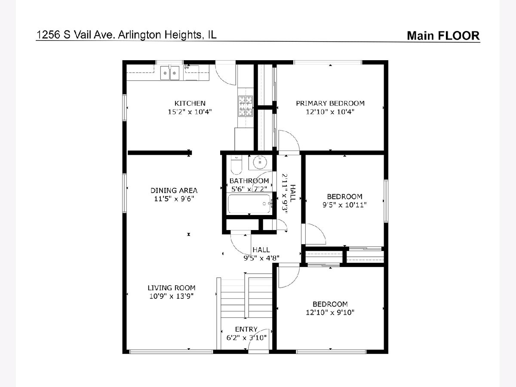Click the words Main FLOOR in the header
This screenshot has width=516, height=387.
click(x=443, y=36)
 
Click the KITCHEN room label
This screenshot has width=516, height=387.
click(x=190, y=103)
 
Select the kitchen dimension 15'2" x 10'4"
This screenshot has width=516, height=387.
click(x=190, y=112)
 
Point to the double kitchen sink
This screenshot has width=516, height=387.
click(x=170, y=73)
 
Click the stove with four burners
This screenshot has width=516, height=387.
click(x=246, y=106)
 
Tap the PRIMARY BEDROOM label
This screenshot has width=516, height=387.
click(x=330, y=103)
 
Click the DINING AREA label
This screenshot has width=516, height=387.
click(x=174, y=190)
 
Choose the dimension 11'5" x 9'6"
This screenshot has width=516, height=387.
click(x=174, y=199)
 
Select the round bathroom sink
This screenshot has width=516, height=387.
click(x=260, y=163)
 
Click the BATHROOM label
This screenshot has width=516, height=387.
click(x=249, y=181)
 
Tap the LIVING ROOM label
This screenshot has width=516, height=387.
click(x=172, y=288)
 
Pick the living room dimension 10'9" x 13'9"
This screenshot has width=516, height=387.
click(x=172, y=296)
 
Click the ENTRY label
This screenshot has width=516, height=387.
click(x=246, y=329)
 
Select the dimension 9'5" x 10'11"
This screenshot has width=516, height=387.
click(x=344, y=205)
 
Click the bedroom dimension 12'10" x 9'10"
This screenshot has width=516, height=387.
click(x=330, y=312)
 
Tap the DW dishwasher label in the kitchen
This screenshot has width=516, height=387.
click(x=187, y=68)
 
